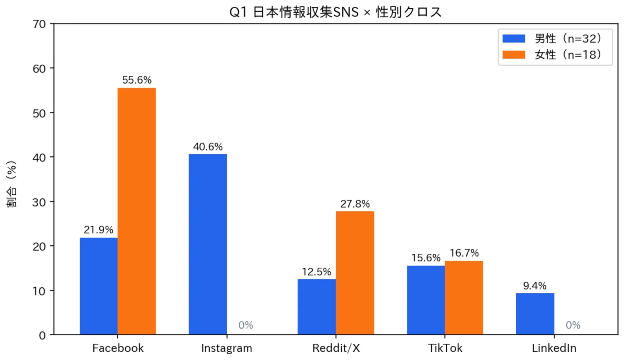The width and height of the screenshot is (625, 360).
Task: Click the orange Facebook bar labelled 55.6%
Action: [x=137, y=211]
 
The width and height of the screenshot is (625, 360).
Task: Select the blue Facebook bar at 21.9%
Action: [x=98, y=286]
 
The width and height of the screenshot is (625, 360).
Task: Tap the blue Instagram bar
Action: [x=208, y=244]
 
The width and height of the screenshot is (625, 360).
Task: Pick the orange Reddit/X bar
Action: [x=355, y=273]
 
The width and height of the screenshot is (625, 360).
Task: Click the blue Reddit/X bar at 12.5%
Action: [x=317, y=307]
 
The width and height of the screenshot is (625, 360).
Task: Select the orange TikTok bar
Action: [x=464, y=298]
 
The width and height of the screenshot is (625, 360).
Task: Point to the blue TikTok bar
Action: [x=426, y=300]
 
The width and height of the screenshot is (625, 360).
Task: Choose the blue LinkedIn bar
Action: [x=535, y=314]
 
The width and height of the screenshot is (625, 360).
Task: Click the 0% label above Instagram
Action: [x=246, y=325]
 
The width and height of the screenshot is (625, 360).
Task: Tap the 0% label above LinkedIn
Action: [x=573, y=325]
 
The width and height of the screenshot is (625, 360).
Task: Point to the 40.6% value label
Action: [x=208, y=147]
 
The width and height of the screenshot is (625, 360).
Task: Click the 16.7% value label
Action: [x=464, y=253]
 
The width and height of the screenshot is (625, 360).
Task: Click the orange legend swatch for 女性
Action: [x=513, y=55]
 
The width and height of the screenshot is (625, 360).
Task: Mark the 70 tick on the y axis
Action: [x=39, y=24]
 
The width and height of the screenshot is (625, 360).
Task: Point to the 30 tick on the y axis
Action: [x=39, y=202]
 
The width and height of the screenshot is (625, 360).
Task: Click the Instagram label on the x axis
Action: [x=227, y=348]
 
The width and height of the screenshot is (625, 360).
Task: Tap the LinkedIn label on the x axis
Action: [x=554, y=348]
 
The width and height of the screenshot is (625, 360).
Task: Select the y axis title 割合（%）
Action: [x=12, y=184]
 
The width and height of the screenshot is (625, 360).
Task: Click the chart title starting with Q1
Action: [x=336, y=12]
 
